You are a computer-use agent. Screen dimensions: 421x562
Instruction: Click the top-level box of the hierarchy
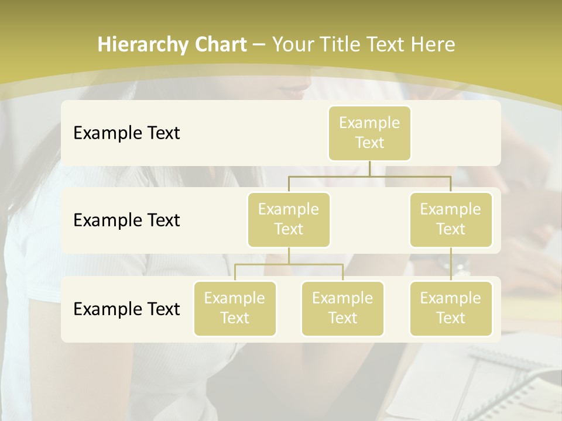(x=369, y=133)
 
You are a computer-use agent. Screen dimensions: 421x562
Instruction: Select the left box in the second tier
(x=289, y=219)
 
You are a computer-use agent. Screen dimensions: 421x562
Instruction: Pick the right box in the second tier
(x=451, y=219)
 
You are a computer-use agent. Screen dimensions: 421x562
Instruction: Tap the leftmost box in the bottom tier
(x=235, y=308)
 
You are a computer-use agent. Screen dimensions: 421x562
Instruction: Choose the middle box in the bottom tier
(x=342, y=308)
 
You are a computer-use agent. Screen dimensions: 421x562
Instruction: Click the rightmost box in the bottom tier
(x=451, y=308)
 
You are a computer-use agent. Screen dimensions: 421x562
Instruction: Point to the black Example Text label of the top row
(x=126, y=133)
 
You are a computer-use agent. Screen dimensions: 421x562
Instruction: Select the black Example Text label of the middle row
(x=126, y=220)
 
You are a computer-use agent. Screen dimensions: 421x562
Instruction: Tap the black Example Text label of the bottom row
(x=126, y=309)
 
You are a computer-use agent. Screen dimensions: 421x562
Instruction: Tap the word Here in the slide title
(x=433, y=44)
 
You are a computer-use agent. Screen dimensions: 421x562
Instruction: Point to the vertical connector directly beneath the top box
(x=369, y=168)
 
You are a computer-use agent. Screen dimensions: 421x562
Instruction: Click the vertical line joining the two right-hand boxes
(x=451, y=264)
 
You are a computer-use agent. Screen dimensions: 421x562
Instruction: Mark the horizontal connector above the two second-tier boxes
(x=369, y=176)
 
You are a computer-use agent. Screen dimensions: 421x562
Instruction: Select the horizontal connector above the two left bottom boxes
(x=289, y=264)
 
